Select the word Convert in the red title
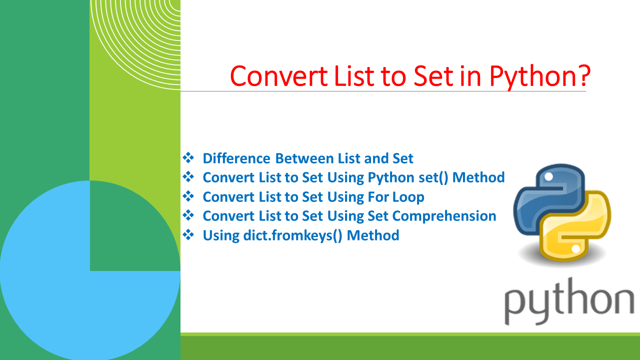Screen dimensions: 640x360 279,76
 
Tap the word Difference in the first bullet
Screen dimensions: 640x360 236,158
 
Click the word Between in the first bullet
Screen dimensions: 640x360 304,158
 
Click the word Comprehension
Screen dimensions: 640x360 444,216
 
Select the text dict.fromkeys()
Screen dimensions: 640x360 292,235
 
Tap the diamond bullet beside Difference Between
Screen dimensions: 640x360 188,157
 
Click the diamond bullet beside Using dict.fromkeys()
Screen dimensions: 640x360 188,235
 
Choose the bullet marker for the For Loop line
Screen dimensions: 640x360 188,196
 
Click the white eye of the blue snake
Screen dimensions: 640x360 548,177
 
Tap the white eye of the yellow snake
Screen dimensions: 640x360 575,248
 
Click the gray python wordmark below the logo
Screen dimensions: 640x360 569,301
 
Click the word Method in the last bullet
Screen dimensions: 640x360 373,235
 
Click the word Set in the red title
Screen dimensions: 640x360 433,76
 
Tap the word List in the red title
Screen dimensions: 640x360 354,76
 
